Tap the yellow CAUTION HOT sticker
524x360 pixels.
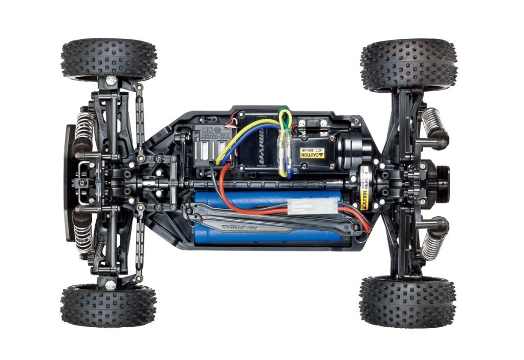click(x=312, y=152)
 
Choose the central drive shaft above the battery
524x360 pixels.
click(x=266, y=183)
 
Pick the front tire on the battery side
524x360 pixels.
click(x=108, y=307)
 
